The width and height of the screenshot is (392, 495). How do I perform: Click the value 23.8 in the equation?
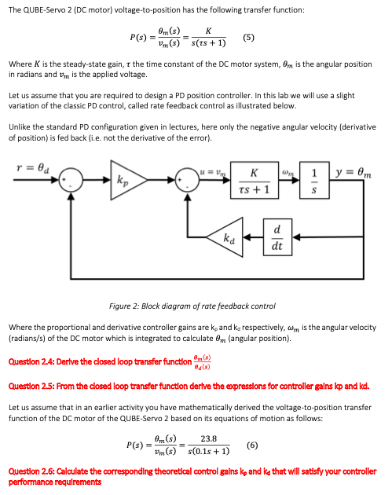tap(209, 438)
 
